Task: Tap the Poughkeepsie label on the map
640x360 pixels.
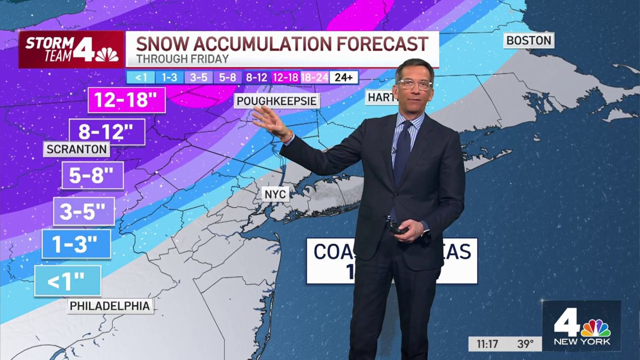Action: (277, 101)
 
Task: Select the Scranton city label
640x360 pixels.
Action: (77, 149)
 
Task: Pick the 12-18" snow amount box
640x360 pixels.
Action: (126, 100)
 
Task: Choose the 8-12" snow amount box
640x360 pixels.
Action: (107, 132)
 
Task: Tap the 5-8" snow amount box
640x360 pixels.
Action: (92, 175)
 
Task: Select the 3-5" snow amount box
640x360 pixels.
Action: (84, 211)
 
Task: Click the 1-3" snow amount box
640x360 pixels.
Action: (76, 244)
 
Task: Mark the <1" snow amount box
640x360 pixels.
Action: (68, 281)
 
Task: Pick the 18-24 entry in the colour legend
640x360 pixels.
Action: (315, 77)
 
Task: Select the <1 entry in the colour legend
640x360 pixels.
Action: (141, 77)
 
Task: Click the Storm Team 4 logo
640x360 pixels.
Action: (71, 49)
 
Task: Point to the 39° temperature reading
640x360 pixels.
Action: (525, 343)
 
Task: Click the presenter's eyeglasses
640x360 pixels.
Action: (414, 84)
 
